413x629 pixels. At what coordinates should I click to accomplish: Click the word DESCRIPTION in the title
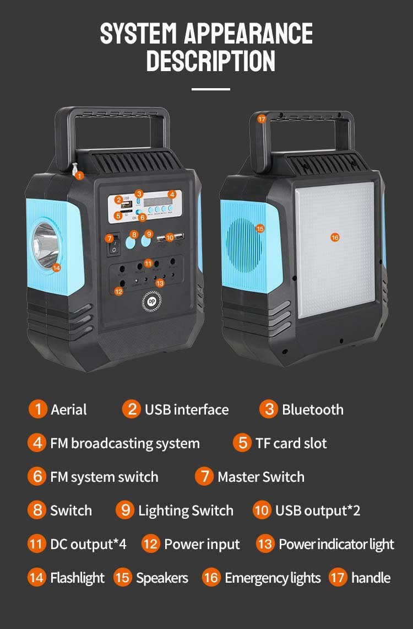(210, 61)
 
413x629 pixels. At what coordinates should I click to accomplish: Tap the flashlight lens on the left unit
(45, 243)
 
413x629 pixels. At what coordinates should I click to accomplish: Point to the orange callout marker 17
(262, 119)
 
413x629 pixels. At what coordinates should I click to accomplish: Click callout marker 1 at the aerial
(79, 176)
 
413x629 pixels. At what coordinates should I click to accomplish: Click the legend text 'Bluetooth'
(312, 410)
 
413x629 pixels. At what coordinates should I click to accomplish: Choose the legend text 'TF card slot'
(291, 443)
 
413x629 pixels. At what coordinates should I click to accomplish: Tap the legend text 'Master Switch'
(260, 477)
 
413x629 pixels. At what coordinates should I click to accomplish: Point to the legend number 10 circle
(262, 510)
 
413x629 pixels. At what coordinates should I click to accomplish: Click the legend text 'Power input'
(202, 545)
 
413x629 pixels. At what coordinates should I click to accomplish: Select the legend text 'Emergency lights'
(273, 578)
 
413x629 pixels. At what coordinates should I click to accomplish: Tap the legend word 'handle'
(371, 578)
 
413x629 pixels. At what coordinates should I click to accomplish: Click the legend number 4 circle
(37, 443)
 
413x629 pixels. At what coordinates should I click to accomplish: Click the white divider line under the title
(211, 89)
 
